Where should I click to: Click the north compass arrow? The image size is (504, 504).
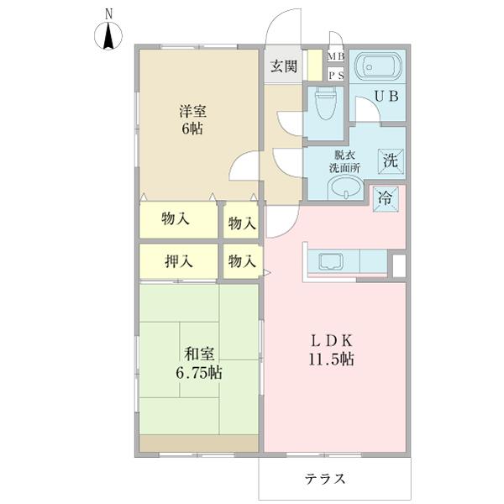(108, 37)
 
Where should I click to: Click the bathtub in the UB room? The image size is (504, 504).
(377, 66)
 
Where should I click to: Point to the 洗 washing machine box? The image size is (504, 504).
(391, 160)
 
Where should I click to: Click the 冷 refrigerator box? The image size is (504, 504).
(386, 199)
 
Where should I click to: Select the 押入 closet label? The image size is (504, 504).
(178, 261)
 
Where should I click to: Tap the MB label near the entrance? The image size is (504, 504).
(335, 57)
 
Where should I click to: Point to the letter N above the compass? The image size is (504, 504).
(108, 13)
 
